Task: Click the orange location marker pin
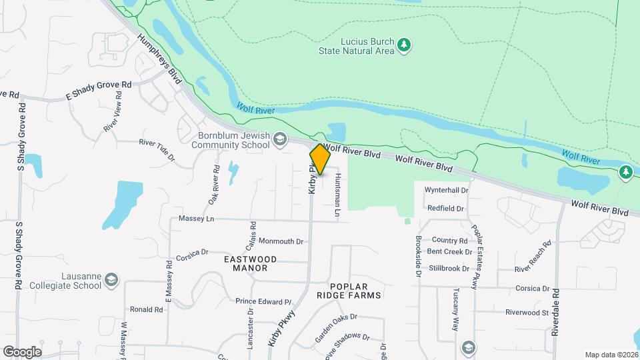tap(320, 160)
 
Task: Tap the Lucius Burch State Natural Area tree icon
tap(404, 45)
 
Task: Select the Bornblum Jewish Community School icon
tap(279, 139)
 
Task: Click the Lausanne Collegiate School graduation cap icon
tap(111, 279)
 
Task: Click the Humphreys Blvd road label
tap(158, 60)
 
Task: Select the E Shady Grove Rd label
tap(99, 91)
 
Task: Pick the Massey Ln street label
tap(197, 219)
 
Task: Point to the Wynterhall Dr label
tap(446, 190)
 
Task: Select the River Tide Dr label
tap(156, 142)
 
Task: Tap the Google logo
tap(22, 351)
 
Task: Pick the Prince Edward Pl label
tap(263, 301)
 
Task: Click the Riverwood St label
tap(527, 312)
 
